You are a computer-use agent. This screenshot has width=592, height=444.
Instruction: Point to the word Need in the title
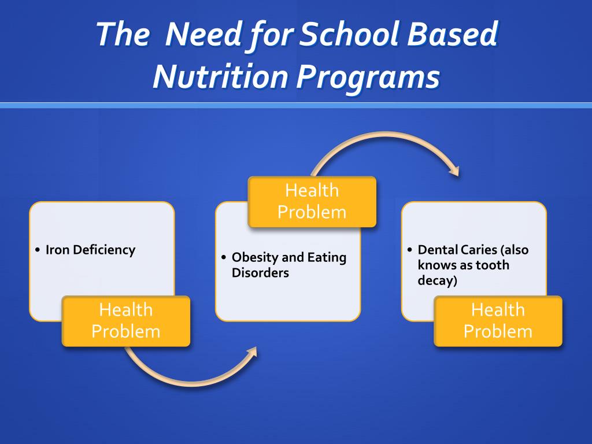tap(199, 36)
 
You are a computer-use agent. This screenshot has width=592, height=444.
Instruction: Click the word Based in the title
tap(457, 36)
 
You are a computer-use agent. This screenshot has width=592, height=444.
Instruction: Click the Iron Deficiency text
tap(90, 250)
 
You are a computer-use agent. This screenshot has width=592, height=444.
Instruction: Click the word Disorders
tap(260, 273)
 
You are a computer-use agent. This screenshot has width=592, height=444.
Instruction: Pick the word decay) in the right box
tap(437, 282)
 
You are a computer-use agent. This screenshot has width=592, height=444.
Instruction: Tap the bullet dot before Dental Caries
tap(409, 251)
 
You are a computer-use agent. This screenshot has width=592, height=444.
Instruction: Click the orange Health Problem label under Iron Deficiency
tap(126, 321)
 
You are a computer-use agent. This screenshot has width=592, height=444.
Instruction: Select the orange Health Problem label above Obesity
tap(312, 201)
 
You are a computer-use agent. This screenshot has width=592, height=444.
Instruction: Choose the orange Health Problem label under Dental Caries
tap(498, 321)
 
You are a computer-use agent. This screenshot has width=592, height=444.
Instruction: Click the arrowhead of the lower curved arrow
tap(252, 352)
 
